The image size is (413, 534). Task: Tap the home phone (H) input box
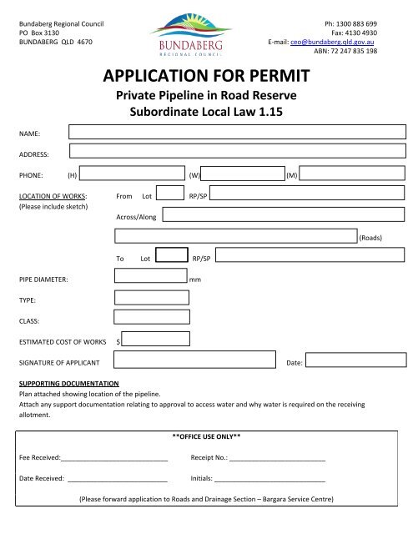(x=133, y=174)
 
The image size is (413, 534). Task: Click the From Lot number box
(x=169, y=194)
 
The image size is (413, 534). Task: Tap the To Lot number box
(x=172, y=255)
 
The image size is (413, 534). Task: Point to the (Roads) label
(x=370, y=238)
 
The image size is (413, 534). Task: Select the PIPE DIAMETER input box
(x=150, y=277)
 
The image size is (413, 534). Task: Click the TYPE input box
(x=145, y=298)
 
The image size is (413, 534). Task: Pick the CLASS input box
(x=145, y=319)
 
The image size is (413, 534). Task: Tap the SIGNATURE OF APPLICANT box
(x=194, y=360)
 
